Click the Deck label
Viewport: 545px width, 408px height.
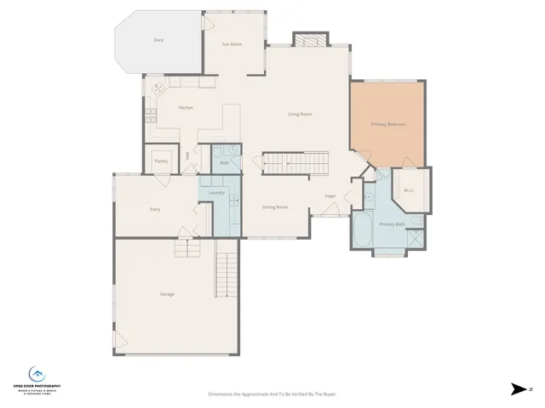pyautogui.click(x=158, y=40)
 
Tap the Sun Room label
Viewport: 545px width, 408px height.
pyautogui.click(x=232, y=43)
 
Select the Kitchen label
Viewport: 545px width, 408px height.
pyautogui.click(x=186, y=108)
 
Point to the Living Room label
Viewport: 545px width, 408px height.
pyautogui.click(x=299, y=114)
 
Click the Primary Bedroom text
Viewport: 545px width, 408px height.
pyautogui.click(x=387, y=124)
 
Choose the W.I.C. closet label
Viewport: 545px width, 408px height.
pyautogui.click(x=409, y=190)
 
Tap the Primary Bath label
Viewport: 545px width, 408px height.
pyautogui.click(x=390, y=224)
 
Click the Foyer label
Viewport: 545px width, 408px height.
pyautogui.click(x=330, y=196)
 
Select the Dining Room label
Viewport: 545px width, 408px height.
pyautogui.click(x=275, y=207)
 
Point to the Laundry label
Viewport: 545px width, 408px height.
pyautogui.click(x=216, y=193)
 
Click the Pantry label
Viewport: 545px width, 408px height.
pyautogui.click(x=160, y=161)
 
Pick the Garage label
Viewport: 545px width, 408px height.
pyautogui.click(x=167, y=294)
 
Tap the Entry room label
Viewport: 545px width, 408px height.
pyautogui.click(x=155, y=209)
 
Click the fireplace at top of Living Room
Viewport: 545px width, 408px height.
pyautogui.click(x=308, y=40)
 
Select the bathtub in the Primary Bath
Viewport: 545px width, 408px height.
pyautogui.click(x=364, y=230)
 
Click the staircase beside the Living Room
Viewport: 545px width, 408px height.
pyautogui.click(x=295, y=163)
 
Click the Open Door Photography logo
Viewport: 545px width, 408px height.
pyautogui.click(x=37, y=379)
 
